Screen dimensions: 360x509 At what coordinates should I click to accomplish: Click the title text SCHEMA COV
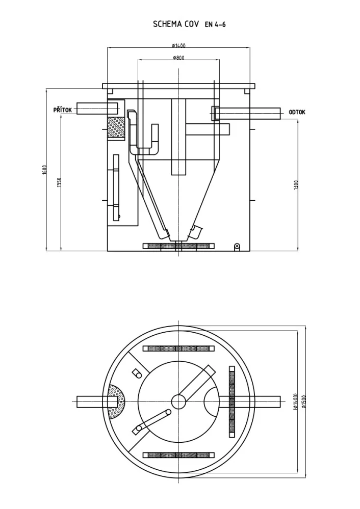(x=176, y=24)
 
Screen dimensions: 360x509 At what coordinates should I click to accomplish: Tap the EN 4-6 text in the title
(x=215, y=24)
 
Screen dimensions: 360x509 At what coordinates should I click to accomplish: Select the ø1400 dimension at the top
(x=178, y=45)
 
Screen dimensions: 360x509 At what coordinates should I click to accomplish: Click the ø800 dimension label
(x=178, y=58)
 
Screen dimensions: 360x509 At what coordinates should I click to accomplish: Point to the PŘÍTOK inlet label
(x=63, y=110)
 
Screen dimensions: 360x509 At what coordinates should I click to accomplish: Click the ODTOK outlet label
(x=297, y=112)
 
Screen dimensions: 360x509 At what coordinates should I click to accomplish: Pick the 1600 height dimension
(x=45, y=170)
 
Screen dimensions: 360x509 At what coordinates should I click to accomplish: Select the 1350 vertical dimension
(x=59, y=182)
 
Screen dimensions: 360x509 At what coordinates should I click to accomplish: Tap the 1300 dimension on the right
(x=296, y=185)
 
